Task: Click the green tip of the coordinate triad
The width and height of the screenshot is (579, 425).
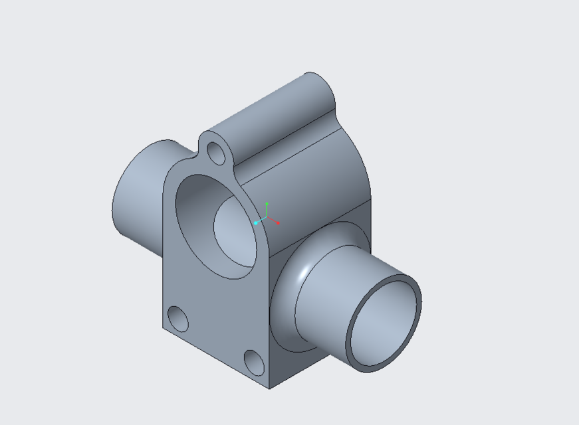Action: (267, 203)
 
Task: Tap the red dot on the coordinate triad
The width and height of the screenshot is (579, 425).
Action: (278, 223)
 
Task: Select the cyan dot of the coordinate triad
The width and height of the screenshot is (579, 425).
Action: (255, 224)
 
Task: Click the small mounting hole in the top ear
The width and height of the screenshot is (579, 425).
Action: (217, 153)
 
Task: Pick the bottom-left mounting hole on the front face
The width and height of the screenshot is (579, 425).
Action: (178, 319)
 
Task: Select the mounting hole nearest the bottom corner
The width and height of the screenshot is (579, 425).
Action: (254, 362)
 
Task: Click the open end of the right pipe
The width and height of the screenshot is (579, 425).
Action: (385, 322)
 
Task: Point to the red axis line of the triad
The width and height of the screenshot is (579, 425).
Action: (273, 220)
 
